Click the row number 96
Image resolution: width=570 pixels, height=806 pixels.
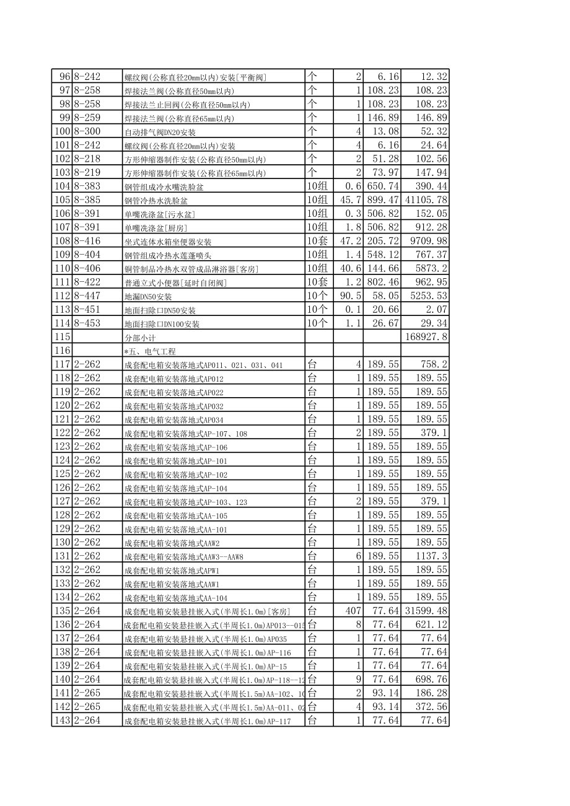pyautogui.click(x=64, y=77)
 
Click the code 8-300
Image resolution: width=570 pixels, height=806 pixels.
pyautogui.click(x=87, y=131)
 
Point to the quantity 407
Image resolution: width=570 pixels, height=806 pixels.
pyautogui.click(x=351, y=610)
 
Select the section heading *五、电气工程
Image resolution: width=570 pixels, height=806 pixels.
pyautogui.click(x=149, y=351)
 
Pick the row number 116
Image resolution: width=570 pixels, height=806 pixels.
pyautogui.click(x=63, y=350)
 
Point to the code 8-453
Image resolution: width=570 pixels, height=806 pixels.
pyautogui.click(x=87, y=323)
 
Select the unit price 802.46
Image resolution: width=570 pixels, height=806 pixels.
pyautogui.click(x=382, y=282)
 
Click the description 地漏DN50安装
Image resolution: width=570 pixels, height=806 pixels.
pyautogui.click(x=144, y=297)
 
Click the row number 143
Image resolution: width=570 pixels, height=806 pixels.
pyautogui.click(x=63, y=720)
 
